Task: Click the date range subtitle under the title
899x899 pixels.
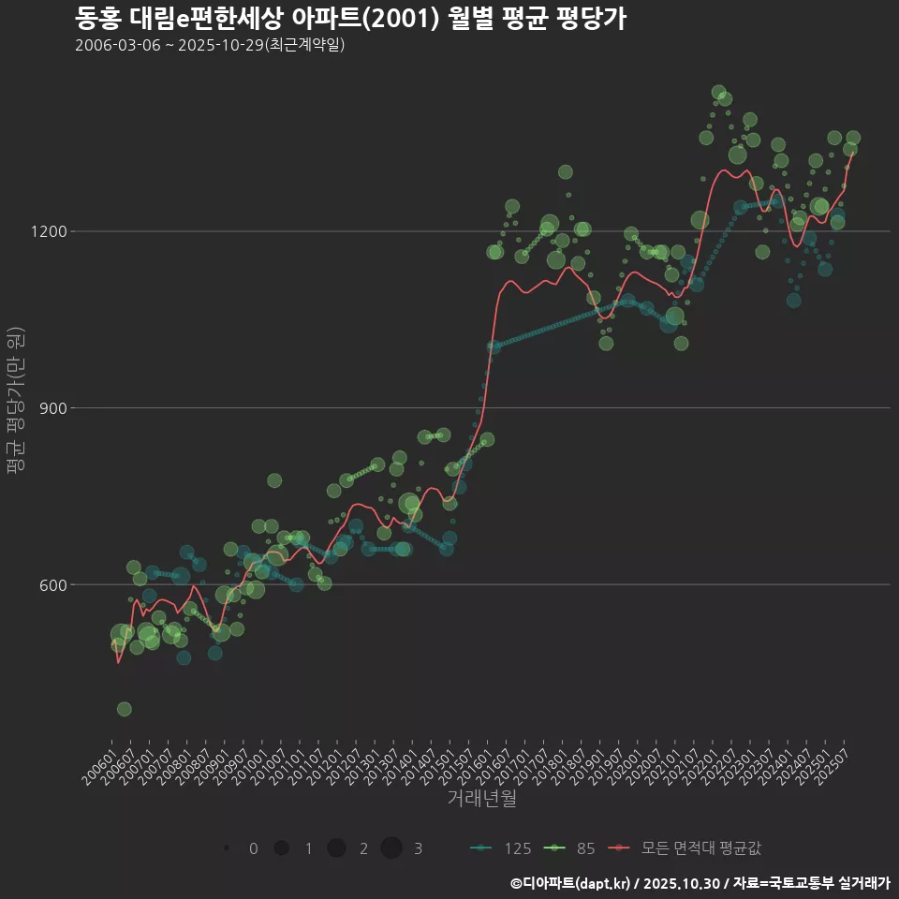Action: tap(210, 45)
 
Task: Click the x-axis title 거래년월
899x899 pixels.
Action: tap(481, 798)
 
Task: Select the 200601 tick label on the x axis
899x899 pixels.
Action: tap(100, 760)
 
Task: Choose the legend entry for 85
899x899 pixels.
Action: tap(571, 848)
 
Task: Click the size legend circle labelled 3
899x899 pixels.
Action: tap(391, 848)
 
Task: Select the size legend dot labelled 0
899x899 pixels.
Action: tap(228, 848)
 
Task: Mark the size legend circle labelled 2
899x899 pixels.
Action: tap(337, 848)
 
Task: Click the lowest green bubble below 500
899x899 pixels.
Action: tap(124, 709)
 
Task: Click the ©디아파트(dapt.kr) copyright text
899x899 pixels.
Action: tap(571, 883)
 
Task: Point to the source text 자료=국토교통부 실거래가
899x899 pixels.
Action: tap(811, 883)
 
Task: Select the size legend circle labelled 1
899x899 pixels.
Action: tap(281, 848)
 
